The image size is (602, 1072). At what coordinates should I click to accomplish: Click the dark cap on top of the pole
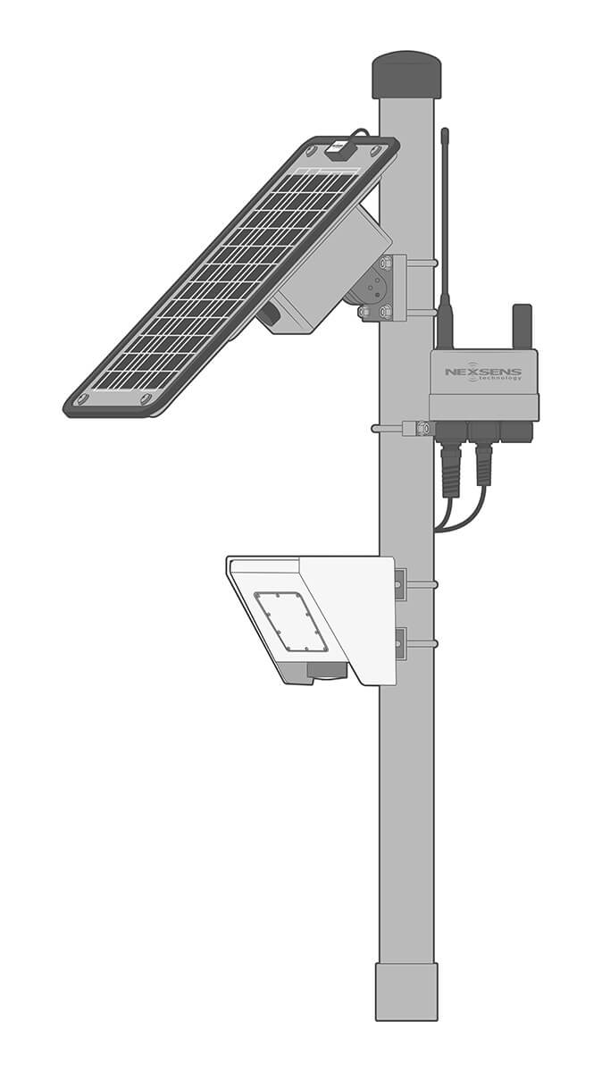pyautogui.click(x=406, y=75)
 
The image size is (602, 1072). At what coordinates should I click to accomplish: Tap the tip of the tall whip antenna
pyautogui.click(x=445, y=132)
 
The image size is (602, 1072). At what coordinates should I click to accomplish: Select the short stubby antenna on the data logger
pyautogui.click(x=522, y=326)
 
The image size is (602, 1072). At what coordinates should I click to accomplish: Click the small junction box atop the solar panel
pyautogui.click(x=339, y=149)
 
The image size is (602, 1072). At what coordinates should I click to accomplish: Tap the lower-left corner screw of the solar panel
pyautogui.click(x=82, y=398)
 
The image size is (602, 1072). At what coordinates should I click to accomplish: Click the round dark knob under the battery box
pyautogui.click(x=267, y=315)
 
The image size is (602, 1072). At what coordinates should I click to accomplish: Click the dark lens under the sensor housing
pyautogui.click(x=326, y=671)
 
